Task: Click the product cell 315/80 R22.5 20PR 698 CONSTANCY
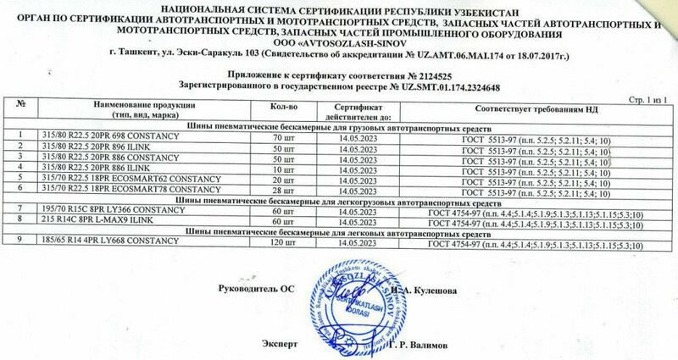106,136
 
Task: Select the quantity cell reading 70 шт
282,136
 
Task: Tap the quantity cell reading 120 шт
282,243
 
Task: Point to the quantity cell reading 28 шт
282,190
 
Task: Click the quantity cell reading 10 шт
282,169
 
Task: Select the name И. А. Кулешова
428,291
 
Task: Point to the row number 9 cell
19,243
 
